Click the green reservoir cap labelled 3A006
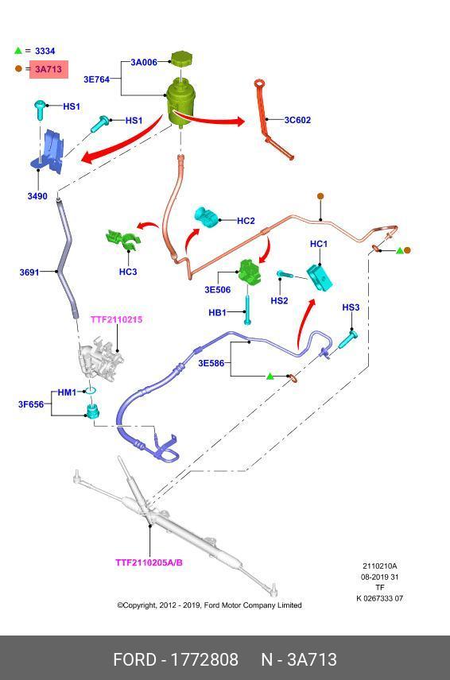182,59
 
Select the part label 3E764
96,79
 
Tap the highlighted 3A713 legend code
48,69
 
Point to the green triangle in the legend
17,50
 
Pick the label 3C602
297,120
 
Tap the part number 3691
29,272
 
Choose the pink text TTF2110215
116,319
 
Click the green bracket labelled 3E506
250,272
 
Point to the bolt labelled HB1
247,310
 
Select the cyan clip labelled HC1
320,277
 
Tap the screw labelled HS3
348,338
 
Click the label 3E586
211,363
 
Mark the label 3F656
31,404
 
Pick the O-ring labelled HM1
90,391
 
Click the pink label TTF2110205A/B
149,562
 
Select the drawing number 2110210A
380,566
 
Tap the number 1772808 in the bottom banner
204,659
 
